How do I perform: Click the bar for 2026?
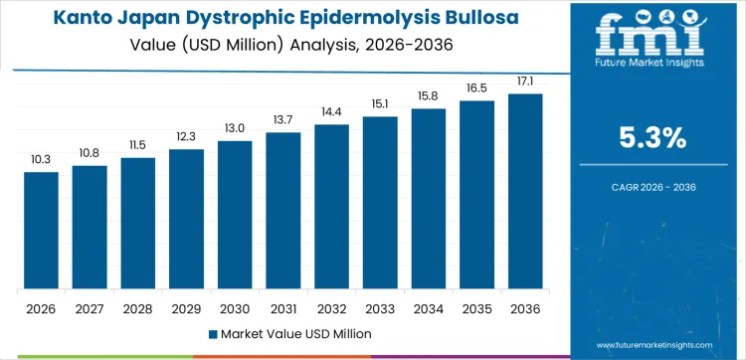(x=42, y=231)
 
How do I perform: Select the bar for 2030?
(x=235, y=215)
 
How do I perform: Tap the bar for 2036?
(x=525, y=192)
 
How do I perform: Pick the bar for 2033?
(x=380, y=203)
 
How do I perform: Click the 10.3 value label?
(x=42, y=159)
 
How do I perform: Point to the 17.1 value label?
(x=525, y=81)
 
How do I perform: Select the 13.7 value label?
(x=283, y=119)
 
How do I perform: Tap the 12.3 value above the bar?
(x=186, y=136)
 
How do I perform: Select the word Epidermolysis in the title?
(x=399, y=18)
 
